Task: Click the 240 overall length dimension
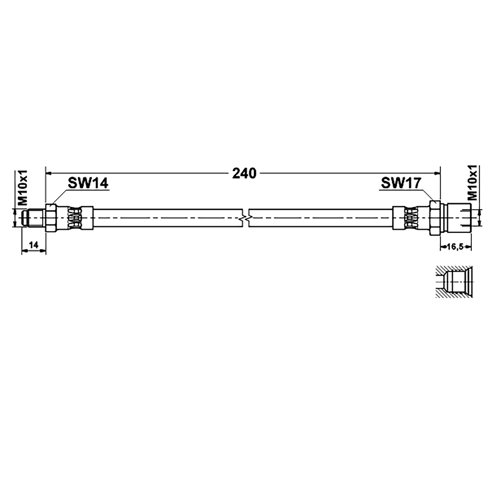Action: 244,174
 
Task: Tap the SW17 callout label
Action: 401,183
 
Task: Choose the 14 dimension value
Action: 34,245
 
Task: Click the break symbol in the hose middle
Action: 246,217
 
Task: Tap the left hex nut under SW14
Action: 51,218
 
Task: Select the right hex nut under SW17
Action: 435,218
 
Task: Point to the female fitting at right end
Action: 456,218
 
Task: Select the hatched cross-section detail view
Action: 454,282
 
